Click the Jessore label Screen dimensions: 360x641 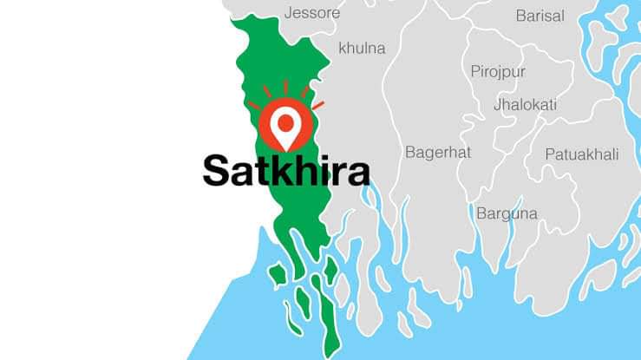[x=312, y=13]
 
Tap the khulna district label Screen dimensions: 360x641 [x=362, y=48]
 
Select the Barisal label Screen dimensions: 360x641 [x=540, y=16]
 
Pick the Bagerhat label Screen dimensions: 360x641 [x=438, y=152]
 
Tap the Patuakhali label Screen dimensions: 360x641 [x=582, y=154]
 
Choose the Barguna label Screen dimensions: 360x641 [x=507, y=213]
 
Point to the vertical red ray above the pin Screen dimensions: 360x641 [x=285, y=87]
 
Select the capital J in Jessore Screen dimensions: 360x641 [x=288, y=13]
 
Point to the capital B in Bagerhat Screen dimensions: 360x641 [x=410, y=152]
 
